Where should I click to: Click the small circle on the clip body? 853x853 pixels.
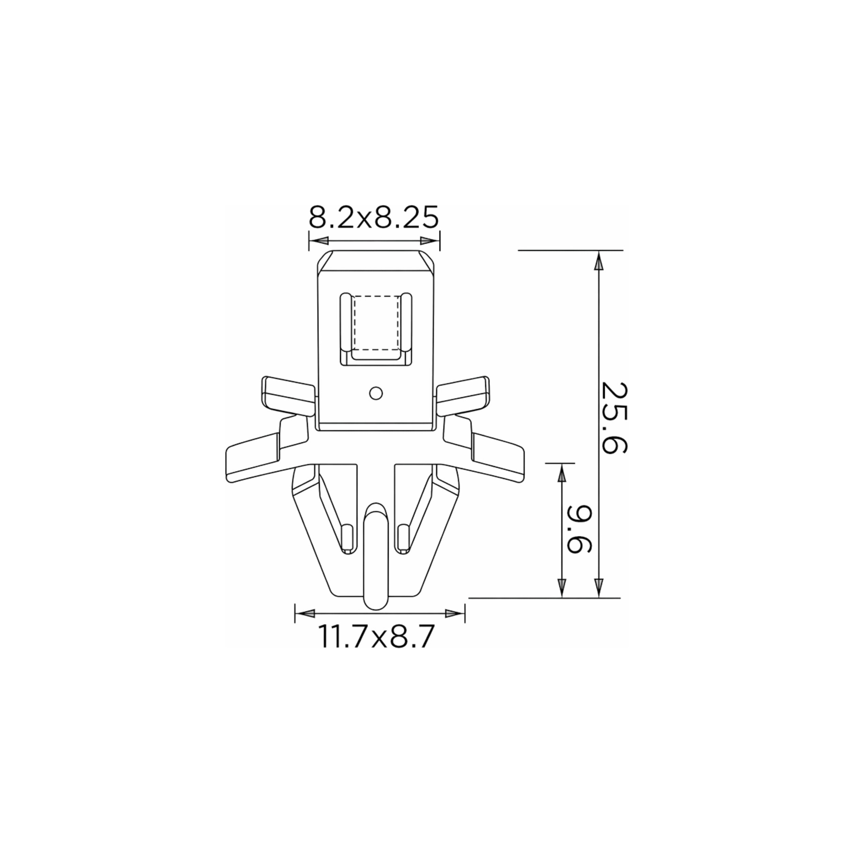click(x=376, y=393)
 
